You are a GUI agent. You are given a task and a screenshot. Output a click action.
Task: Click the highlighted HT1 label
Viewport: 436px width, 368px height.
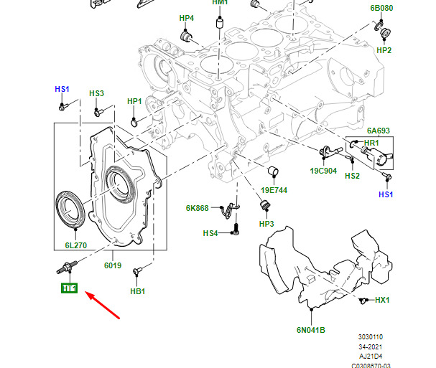click(70, 289)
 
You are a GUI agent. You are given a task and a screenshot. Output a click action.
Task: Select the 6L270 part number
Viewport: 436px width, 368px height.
click(74, 245)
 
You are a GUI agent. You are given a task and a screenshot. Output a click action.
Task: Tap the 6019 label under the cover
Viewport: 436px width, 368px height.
click(112, 265)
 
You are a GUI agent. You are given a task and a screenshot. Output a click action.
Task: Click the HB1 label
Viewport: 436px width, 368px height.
click(138, 291)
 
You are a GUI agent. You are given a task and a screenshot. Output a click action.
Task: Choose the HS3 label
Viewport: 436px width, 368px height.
click(96, 94)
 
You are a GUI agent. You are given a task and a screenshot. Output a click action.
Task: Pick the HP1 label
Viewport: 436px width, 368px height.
click(134, 102)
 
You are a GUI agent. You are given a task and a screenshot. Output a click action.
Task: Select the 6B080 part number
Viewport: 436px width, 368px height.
click(381, 8)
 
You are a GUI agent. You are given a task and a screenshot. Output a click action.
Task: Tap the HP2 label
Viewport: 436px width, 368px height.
click(384, 51)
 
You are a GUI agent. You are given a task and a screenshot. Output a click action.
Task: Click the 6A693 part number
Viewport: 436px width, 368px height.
click(379, 131)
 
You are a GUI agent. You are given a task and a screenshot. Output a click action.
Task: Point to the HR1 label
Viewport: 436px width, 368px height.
click(371, 143)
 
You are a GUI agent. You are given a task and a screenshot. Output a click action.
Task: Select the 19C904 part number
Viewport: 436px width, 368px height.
click(324, 171)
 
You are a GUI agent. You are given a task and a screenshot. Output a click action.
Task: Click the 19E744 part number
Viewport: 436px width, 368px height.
click(274, 190)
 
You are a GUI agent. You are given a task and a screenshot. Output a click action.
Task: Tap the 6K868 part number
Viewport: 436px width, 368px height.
click(197, 209)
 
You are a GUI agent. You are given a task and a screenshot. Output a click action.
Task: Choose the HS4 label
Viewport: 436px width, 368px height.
click(210, 233)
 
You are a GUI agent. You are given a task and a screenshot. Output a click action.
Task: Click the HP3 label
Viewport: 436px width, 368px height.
click(266, 225)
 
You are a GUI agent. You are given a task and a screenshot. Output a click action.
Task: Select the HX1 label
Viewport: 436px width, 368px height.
click(382, 299)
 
